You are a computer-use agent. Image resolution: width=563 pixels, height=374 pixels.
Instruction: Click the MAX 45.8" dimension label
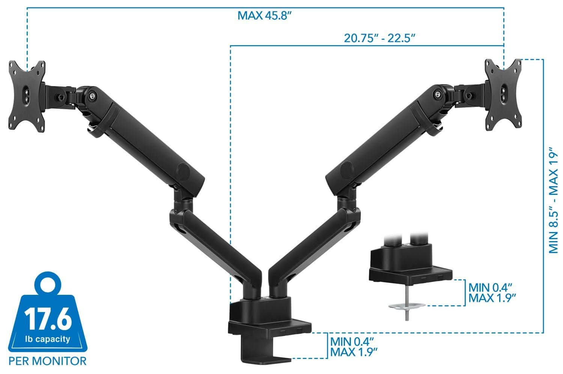tap(265, 16)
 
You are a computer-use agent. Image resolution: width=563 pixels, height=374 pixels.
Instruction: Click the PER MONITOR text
tap(47, 361)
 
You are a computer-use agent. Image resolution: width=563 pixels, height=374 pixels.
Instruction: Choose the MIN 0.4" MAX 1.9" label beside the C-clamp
tap(354, 347)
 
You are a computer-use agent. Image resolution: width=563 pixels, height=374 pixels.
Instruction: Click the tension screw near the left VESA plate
tap(92, 96)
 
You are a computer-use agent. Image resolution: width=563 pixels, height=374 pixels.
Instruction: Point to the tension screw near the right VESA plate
tap(438, 94)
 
